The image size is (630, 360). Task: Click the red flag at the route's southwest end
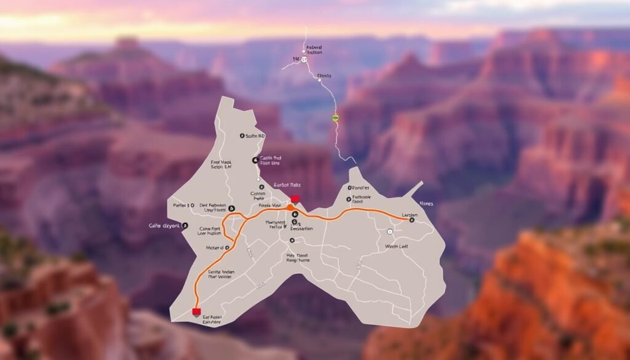(196, 311)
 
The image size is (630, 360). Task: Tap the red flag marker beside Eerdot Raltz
(296, 199)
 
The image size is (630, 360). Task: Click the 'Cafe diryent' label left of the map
(165, 226)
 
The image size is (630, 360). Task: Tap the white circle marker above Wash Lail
(390, 231)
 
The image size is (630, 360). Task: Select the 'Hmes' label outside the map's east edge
(426, 203)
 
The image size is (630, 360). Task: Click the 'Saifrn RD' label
(254, 135)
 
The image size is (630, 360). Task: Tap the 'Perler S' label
(182, 205)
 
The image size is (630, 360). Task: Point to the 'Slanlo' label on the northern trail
(324, 76)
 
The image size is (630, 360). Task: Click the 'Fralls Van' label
(269, 206)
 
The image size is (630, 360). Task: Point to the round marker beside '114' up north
(305, 60)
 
